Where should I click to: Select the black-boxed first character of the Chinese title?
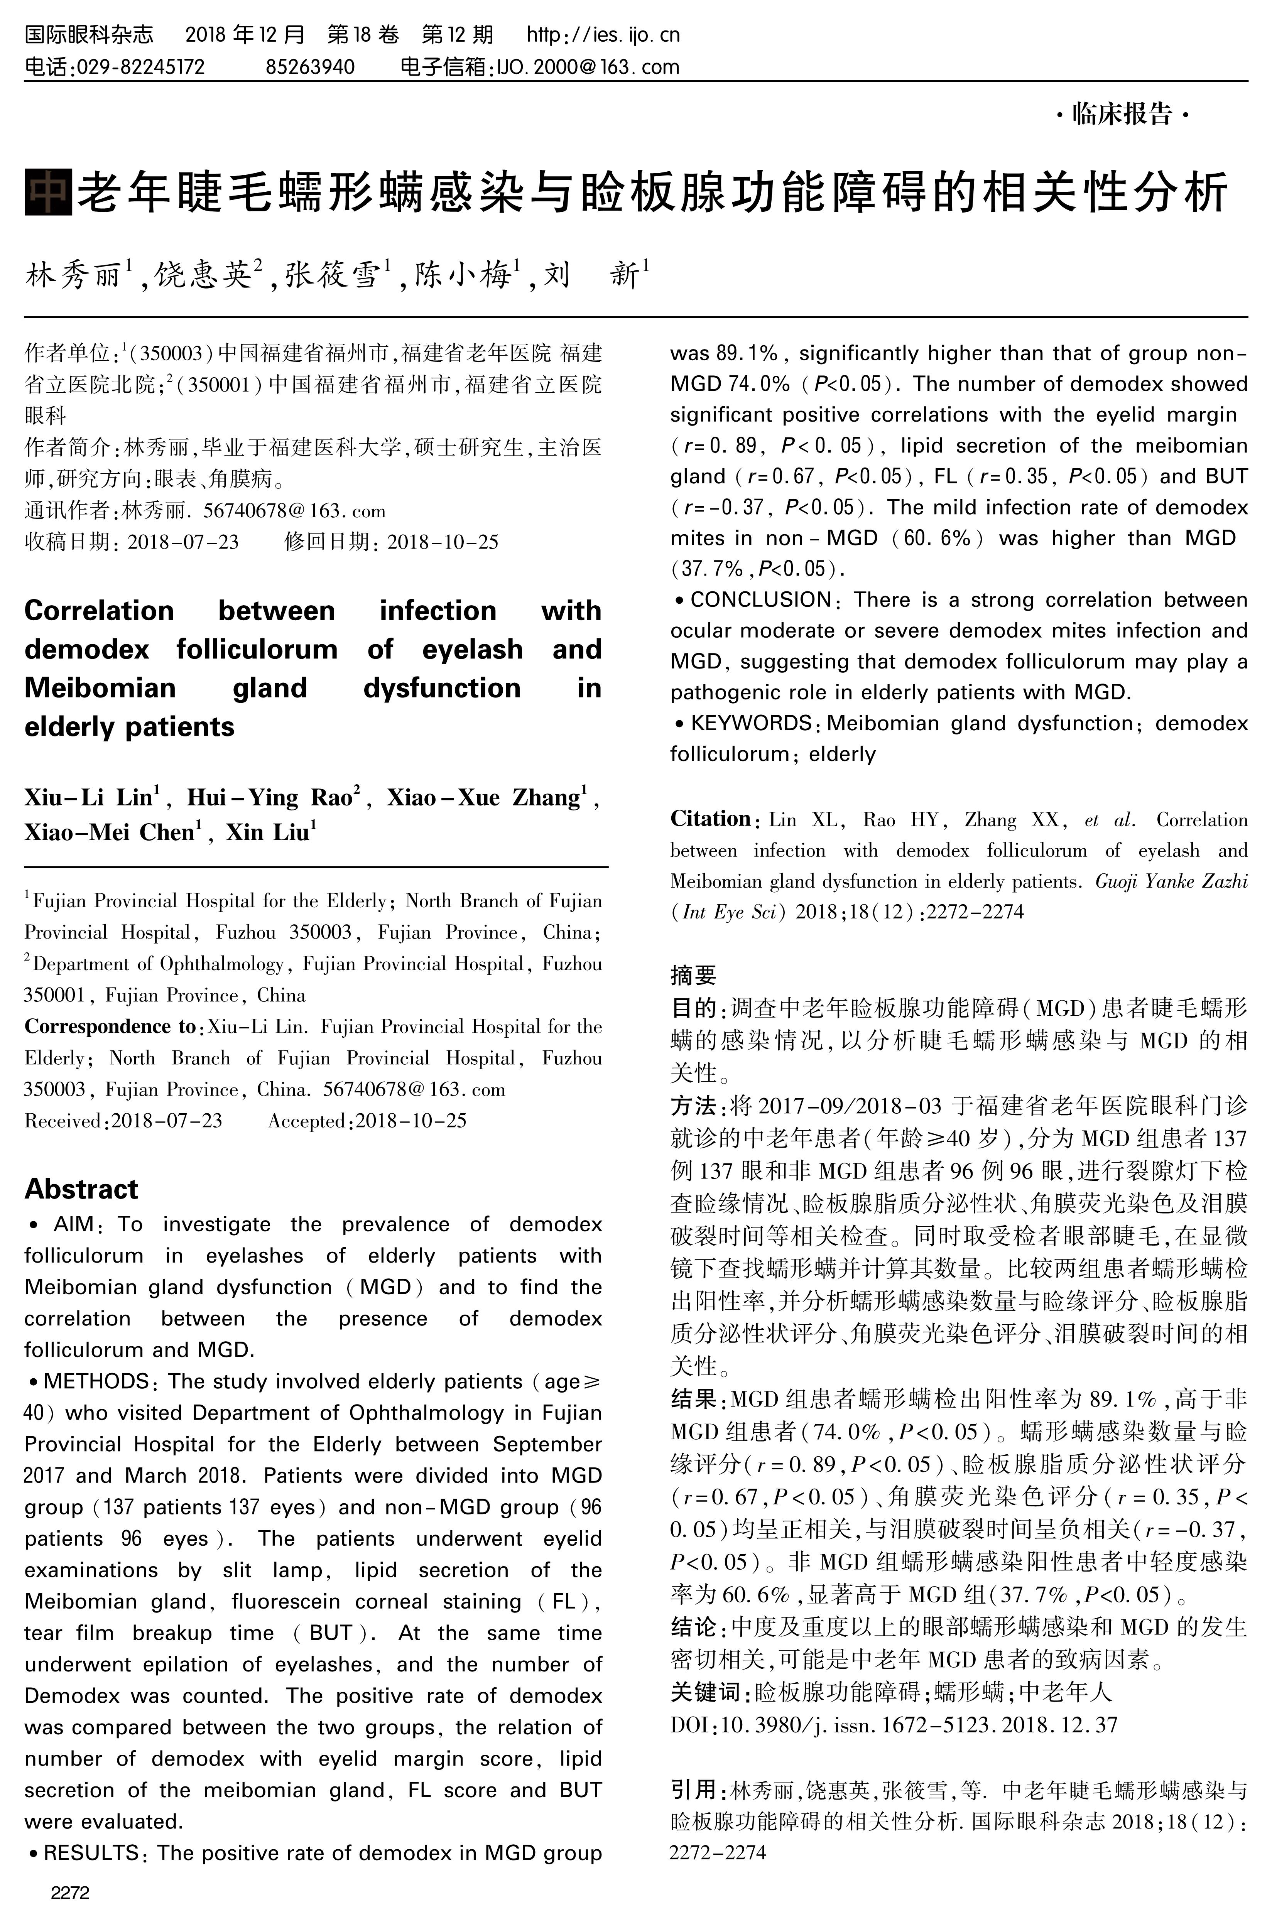pyautogui.click(x=48, y=192)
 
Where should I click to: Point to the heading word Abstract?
pyautogui.click(x=81, y=1189)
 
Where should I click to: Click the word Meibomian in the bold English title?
pyautogui.click(x=100, y=688)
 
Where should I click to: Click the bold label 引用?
pyautogui.click(x=693, y=1789)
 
